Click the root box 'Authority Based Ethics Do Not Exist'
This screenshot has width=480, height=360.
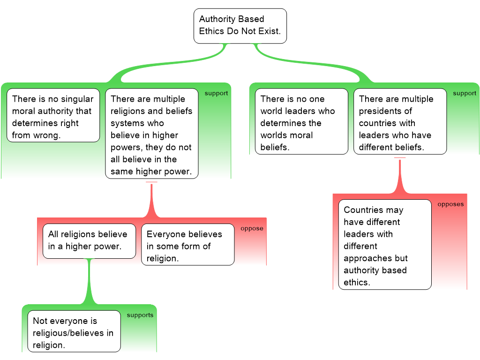[240, 26]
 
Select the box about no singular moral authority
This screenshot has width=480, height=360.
[53, 115]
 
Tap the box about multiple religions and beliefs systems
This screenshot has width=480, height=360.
[151, 134]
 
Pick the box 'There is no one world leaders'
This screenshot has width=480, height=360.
[301, 121]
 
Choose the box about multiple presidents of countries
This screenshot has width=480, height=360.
[400, 121]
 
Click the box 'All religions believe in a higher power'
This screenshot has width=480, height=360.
[89, 240]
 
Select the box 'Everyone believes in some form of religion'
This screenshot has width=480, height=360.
[187, 244]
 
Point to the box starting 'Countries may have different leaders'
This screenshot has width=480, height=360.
[384, 244]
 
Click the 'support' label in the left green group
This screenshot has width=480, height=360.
[216, 93]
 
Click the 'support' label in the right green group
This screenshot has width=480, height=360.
[465, 93]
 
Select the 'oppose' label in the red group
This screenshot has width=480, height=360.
[252, 229]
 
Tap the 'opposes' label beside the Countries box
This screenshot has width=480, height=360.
[450, 204]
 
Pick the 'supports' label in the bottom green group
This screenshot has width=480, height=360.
[140, 315]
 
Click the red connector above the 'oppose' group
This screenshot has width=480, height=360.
[151, 199]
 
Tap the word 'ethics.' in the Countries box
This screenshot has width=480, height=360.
[357, 282]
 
